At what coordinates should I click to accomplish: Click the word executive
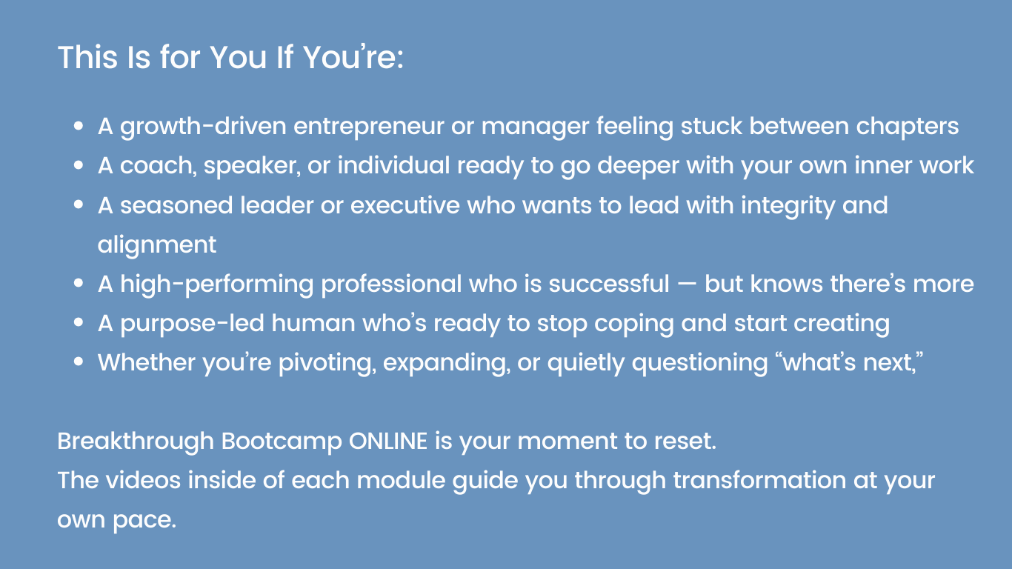405,205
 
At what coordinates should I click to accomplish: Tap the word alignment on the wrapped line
157,244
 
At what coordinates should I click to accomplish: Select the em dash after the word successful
687,284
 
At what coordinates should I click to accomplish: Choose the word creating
841,323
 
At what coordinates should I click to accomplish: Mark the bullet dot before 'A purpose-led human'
79,324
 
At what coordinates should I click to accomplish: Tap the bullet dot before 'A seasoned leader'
79,206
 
